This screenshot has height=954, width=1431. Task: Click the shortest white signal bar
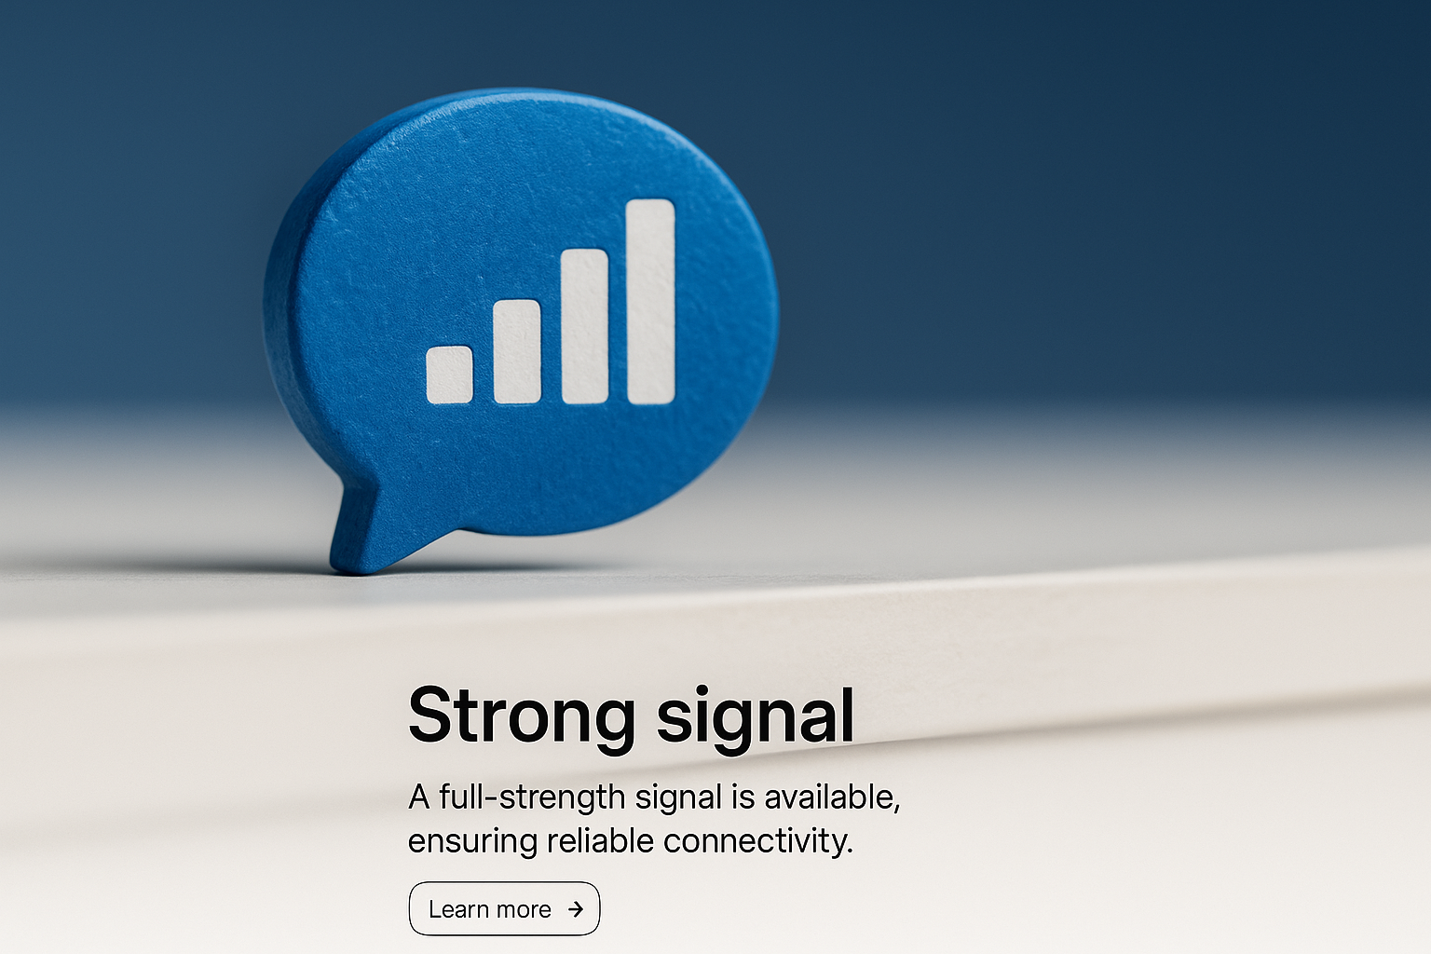[x=450, y=375]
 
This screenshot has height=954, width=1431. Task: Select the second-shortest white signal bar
[x=517, y=352]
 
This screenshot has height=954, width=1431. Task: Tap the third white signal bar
[x=584, y=326]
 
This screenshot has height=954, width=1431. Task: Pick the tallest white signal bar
[x=651, y=302]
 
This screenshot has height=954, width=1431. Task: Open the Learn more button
[x=504, y=908]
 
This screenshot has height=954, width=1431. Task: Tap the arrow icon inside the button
[x=576, y=908]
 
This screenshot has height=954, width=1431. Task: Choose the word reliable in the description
[x=601, y=839]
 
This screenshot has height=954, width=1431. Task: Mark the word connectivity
[x=758, y=841]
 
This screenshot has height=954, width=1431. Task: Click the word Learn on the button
[x=457, y=909]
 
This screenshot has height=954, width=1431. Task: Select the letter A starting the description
[x=419, y=797]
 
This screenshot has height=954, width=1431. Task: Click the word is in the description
[x=743, y=797]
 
